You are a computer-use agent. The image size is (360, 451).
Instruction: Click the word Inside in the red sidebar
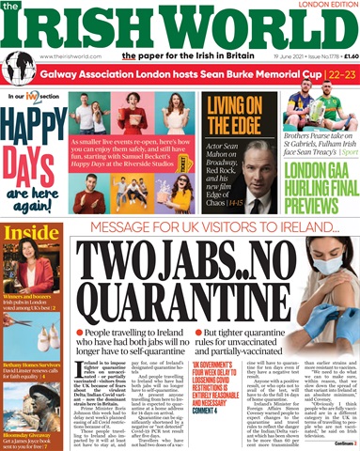29,260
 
